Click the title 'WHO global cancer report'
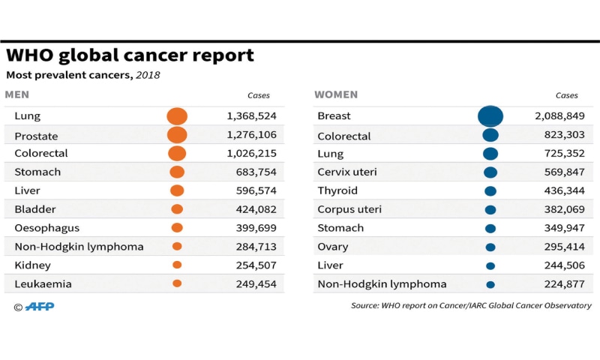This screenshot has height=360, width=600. (x=130, y=55)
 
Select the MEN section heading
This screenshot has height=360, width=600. (x=17, y=95)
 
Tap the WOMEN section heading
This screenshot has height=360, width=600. (x=336, y=95)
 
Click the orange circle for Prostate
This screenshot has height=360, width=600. (x=177, y=136)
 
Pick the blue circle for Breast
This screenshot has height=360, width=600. (x=490, y=116)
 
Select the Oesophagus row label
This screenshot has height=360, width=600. (x=46, y=228)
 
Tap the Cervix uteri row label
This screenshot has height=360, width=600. (x=347, y=172)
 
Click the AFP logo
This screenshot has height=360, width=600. (x=39, y=306)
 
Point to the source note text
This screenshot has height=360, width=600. (x=471, y=306)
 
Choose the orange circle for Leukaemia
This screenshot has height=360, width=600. (x=177, y=283)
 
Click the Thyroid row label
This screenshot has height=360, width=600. (x=337, y=191)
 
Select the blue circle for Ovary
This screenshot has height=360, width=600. (x=490, y=247)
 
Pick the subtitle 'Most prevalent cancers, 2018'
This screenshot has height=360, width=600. (x=83, y=75)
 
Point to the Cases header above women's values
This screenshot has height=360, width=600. (x=566, y=96)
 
